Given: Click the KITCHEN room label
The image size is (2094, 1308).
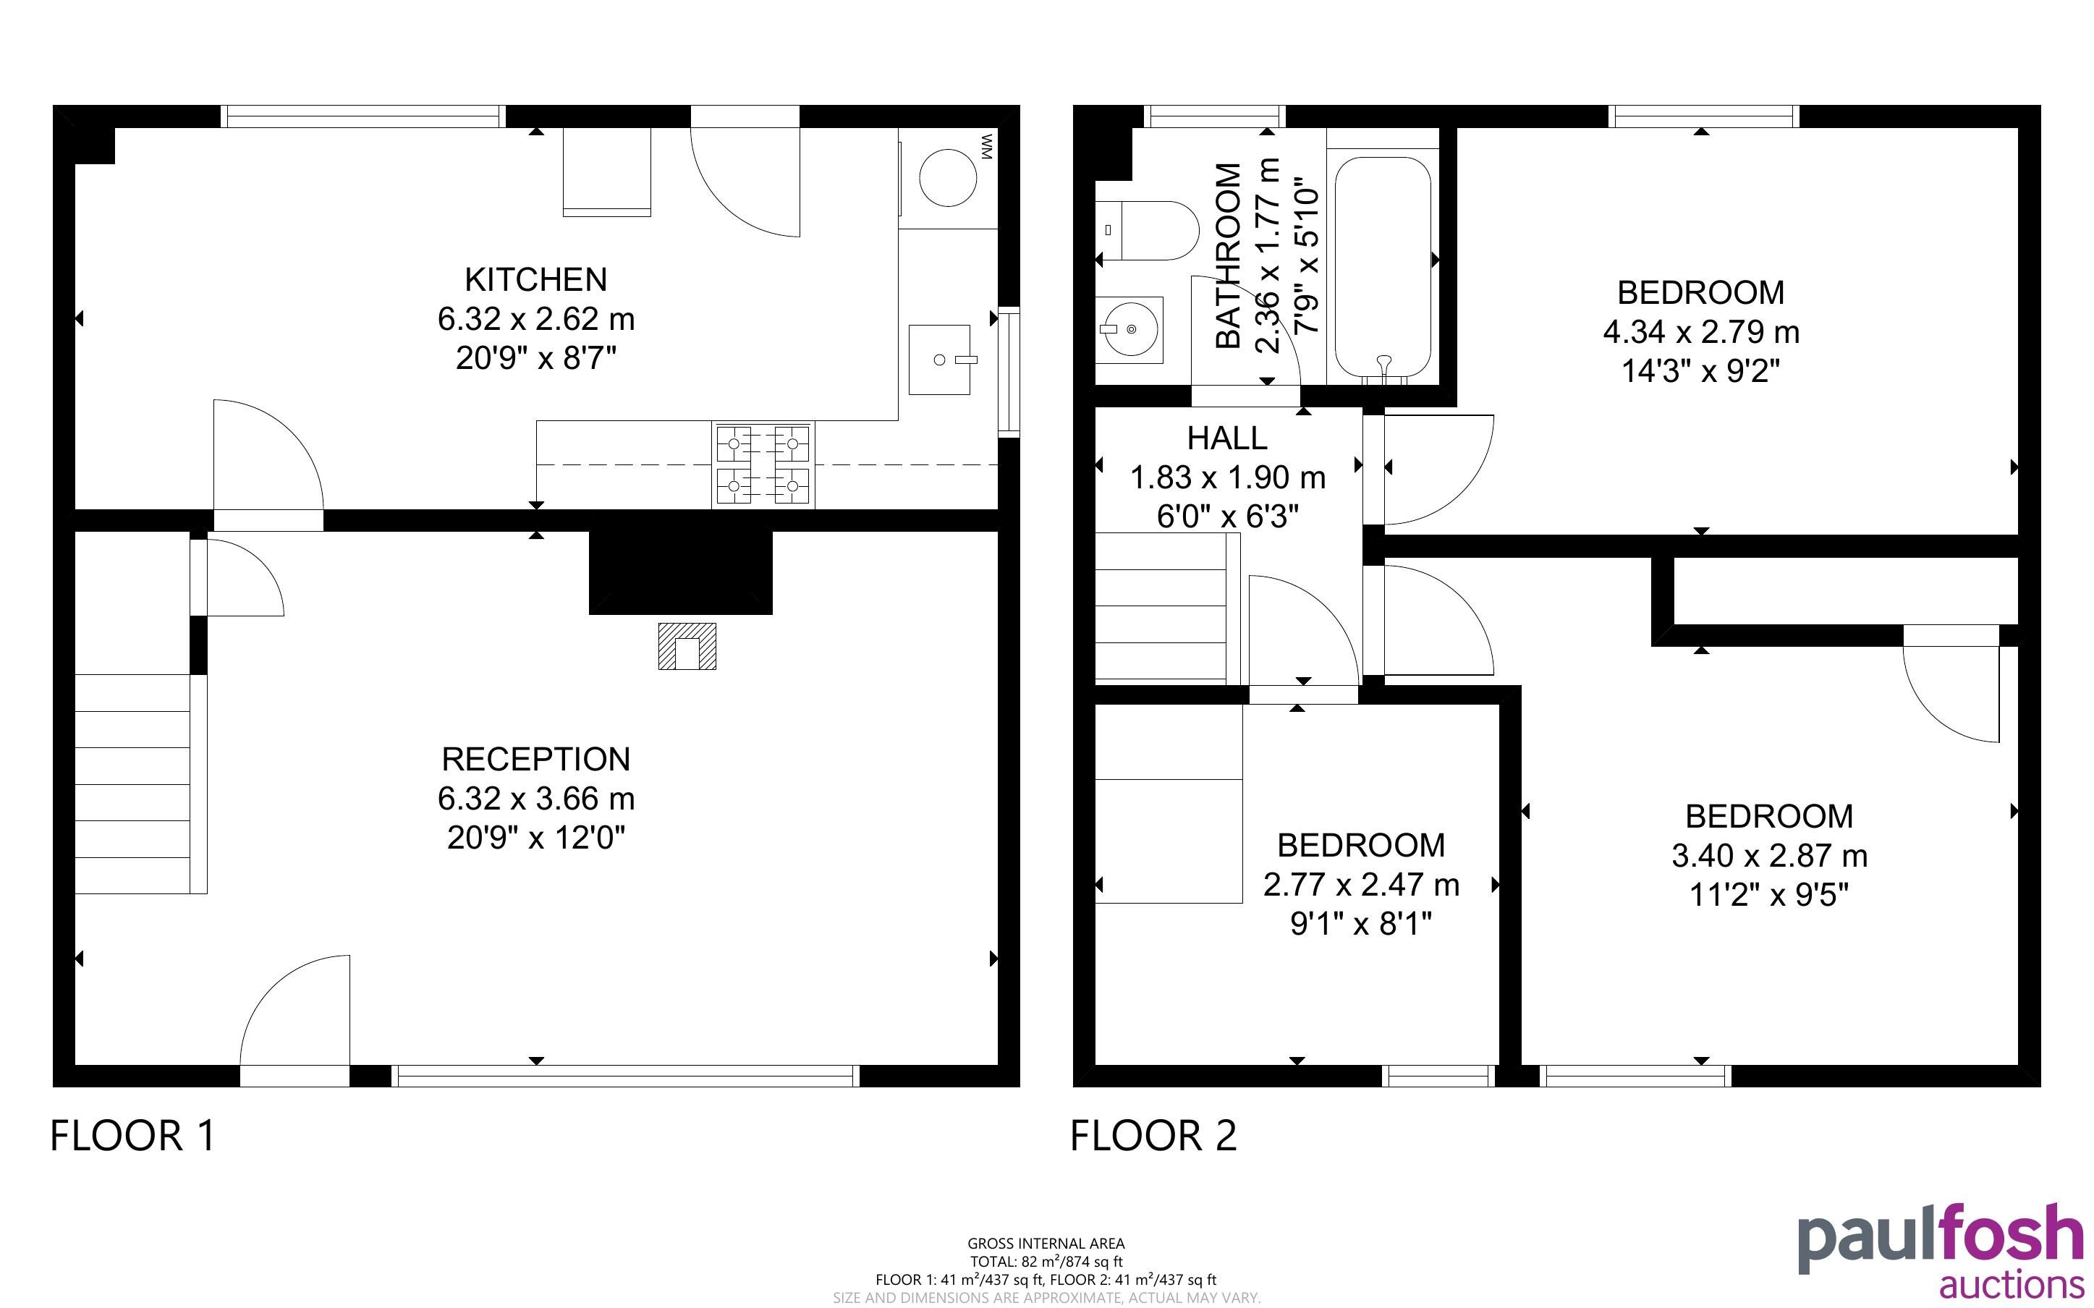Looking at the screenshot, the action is (536, 279).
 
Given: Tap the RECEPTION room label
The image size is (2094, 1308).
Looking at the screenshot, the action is (536, 759).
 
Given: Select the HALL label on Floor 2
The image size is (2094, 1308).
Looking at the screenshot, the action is (1226, 438).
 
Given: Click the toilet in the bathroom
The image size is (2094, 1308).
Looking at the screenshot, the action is (1147, 230).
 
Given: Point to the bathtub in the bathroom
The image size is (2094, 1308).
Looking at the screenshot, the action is (1382, 269).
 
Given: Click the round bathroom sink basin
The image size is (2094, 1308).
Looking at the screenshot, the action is (1129, 330).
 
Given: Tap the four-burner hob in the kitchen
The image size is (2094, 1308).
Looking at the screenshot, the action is (763, 464).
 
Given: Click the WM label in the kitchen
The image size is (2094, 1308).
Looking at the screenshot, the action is (987, 146).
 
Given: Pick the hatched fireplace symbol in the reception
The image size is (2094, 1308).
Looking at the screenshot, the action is (687, 646).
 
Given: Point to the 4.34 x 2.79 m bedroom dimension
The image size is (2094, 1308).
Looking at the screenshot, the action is (1700, 331).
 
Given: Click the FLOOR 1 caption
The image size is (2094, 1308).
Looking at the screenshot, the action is (132, 1136).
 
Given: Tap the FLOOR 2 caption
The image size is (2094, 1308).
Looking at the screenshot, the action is (1154, 1136).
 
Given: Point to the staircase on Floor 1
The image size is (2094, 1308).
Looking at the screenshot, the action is (132, 783).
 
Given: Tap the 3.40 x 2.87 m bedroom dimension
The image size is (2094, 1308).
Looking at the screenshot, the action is (1769, 856).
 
